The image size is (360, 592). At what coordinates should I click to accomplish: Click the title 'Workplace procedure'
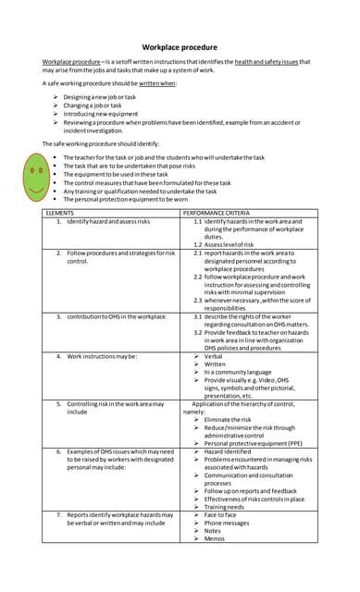point(180,46)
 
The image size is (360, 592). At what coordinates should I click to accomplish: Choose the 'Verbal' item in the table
point(214,355)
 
